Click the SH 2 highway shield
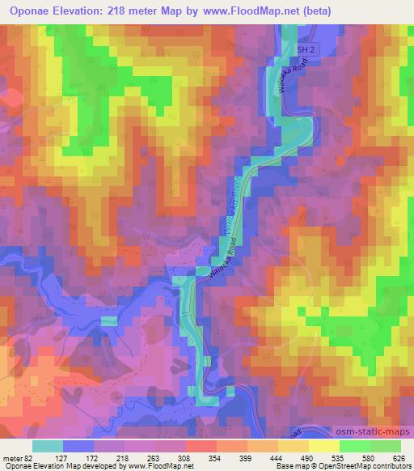[303, 49]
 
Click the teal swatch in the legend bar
[47, 446]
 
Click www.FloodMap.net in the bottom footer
[154, 467]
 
